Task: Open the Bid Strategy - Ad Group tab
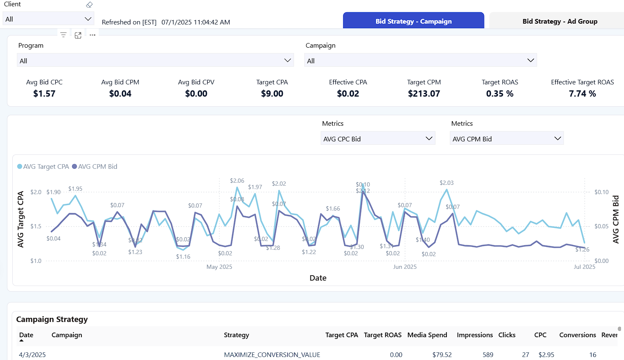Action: point(559,21)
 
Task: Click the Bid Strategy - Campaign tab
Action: point(413,21)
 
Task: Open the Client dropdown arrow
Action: point(88,19)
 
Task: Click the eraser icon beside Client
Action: point(89,5)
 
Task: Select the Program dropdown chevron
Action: point(288,60)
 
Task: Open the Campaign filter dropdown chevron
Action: point(530,60)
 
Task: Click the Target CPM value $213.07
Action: point(424,94)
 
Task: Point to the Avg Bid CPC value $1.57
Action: point(44,94)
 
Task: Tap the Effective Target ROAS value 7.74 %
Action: point(582,94)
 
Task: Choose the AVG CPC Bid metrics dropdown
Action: point(378,139)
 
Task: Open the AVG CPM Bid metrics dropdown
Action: point(506,139)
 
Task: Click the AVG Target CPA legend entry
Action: point(43,167)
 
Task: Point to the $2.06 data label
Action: point(237,181)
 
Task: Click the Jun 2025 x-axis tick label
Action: point(405,267)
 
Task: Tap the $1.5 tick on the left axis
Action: point(36,226)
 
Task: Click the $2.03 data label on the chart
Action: point(446,183)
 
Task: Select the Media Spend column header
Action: point(427,335)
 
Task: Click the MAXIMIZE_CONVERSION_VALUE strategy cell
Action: point(272,355)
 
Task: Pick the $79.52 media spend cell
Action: point(442,355)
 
